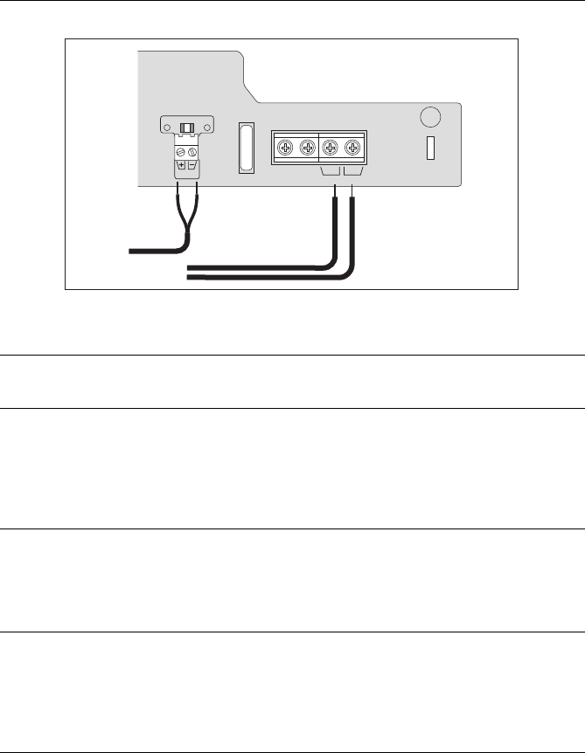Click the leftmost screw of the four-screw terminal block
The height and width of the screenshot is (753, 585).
click(x=285, y=148)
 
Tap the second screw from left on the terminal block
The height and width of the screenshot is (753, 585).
click(x=307, y=148)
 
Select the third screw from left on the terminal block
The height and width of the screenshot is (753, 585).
click(x=331, y=148)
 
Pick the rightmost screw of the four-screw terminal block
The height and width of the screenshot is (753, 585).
click(x=352, y=148)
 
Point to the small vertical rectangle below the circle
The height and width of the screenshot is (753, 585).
click(x=430, y=149)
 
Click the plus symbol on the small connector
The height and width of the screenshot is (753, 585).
click(x=181, y=164)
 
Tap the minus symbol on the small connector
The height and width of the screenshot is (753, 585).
click(x=192, y=164)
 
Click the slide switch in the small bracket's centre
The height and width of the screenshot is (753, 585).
click(x=186, y=128)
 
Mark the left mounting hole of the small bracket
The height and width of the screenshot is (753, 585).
click(x=166, y=128)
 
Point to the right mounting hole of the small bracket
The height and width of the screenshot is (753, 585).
click(x=206, y=128)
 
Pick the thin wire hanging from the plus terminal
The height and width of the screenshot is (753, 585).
click(x=179, y=210)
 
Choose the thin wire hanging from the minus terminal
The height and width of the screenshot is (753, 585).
click(x=197, y=210)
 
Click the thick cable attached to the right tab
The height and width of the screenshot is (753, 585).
click(x=352, y=236)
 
